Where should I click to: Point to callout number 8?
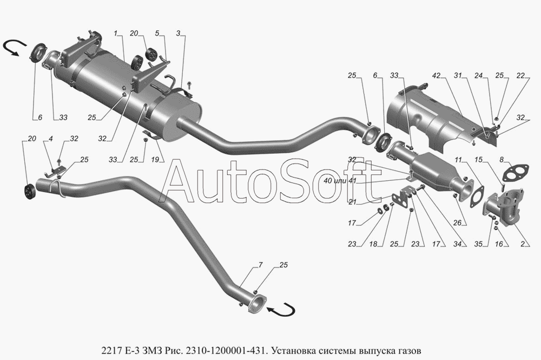click(x=502, y=160)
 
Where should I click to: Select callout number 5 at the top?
click(x=157, y=34)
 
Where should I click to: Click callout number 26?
click(x=458, y=222)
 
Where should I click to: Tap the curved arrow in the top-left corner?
click(x=15, y=49)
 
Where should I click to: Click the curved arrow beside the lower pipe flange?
click(x=283, y=310)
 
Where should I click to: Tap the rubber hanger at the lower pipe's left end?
click(x=30, y=191)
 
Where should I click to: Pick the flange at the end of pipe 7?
click(x=257, y=304)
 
